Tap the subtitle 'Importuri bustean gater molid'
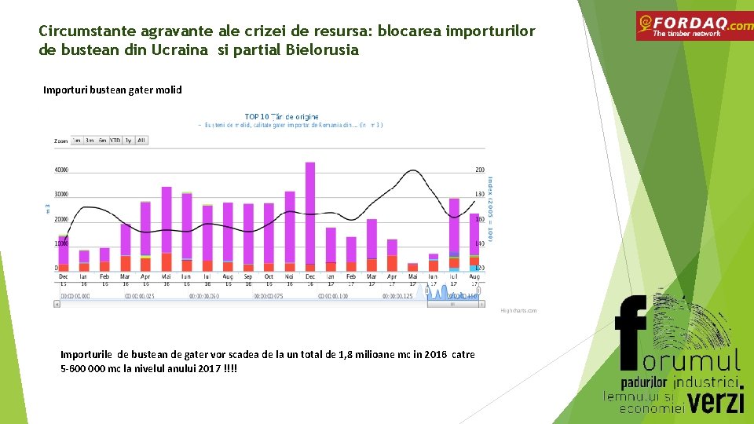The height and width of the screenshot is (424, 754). (x=112, y=90)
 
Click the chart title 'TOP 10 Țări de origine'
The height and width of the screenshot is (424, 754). (x=282, y=117)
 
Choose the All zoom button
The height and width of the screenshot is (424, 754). (x=141, y=141)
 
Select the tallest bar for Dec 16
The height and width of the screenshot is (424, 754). (x=310, y=212)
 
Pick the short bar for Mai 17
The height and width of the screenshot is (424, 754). (x=413, y=268)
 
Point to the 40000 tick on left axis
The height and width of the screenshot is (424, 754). (x=60, y=170)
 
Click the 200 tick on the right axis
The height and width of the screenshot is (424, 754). (x=479, y=170)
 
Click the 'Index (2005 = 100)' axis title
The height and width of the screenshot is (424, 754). (x=490, y=208)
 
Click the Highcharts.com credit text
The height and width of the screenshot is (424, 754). (x=518, y=311)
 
